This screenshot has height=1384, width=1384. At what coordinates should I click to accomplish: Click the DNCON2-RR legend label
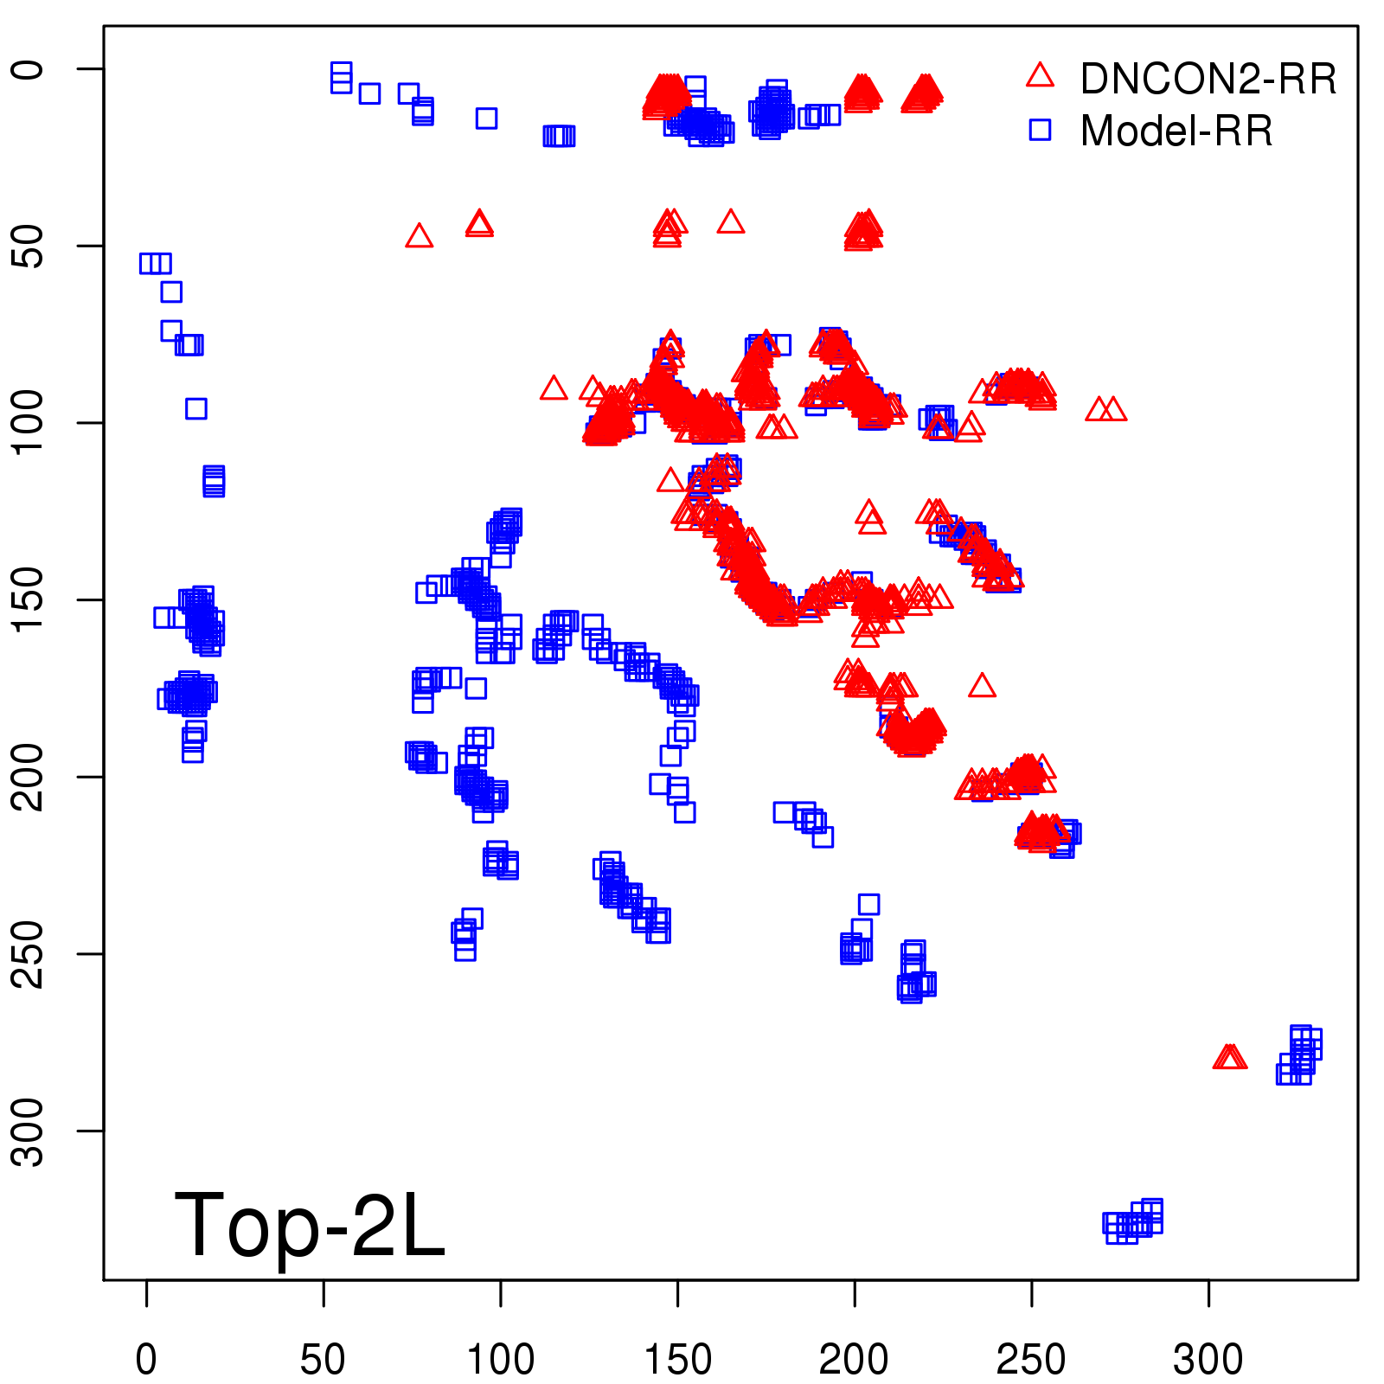pyautogui.click(x=1208, y=79)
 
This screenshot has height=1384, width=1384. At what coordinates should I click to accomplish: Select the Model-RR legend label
pyautogui.click(x=1176, y=131)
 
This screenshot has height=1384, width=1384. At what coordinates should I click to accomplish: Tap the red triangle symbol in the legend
pyautogui.click(x=1040, y=76)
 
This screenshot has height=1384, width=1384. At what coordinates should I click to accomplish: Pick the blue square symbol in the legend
pyautogui.click(x=1040, y=130)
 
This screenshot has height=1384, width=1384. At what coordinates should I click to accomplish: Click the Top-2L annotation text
pyautogui.click(x=309, y=1224)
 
